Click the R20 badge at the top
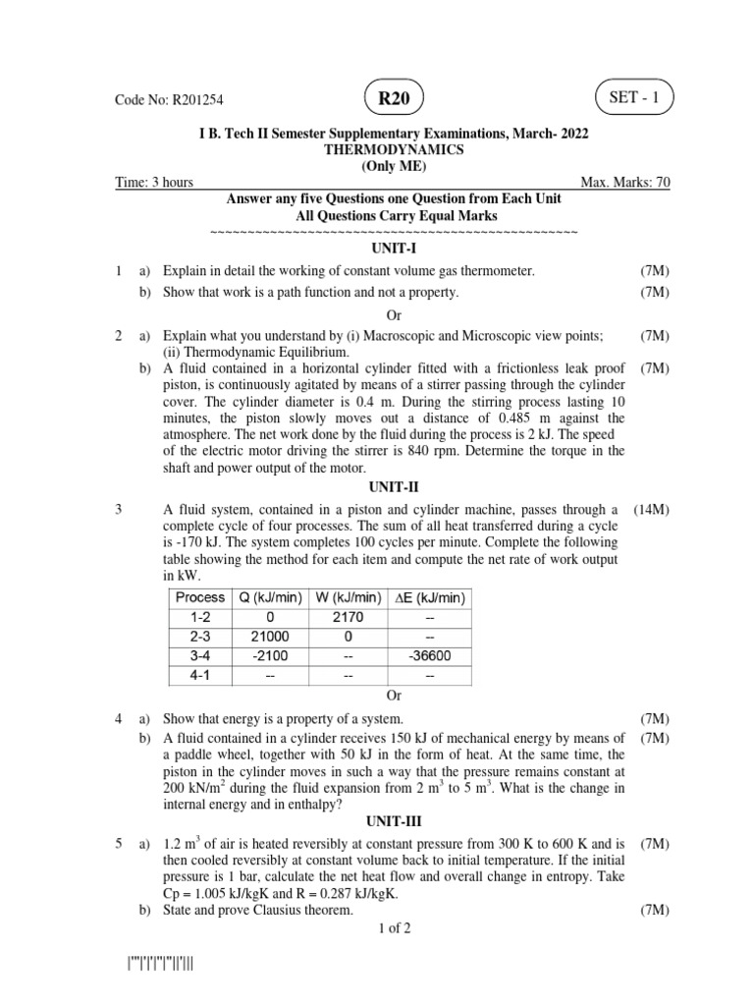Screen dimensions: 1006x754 click(x=394, y=98)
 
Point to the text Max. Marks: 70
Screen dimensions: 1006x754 click(x=625, y=182)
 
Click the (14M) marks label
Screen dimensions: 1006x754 click(x=651, y=510)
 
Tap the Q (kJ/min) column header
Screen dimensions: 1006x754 click(x=269, y=597)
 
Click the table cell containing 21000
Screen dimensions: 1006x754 click(x=269, y=637)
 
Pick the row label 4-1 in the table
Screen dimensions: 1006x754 click(x=199, y=676)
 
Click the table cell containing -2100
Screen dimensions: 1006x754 click(x=269, y=656)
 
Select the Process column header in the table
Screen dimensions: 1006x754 click(x=199, y=597)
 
